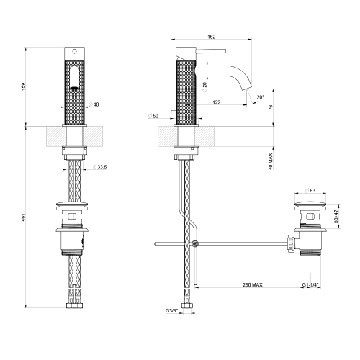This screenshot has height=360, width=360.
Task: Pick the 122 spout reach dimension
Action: click(215, 102)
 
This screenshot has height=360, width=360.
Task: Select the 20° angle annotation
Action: click(260, 96)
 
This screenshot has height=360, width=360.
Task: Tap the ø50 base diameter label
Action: click(153, 115)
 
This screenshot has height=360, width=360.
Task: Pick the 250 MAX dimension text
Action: click(252, 286)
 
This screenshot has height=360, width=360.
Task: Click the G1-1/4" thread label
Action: click(312, 286)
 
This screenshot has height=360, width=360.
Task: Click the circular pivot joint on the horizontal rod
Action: click(194, 244)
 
